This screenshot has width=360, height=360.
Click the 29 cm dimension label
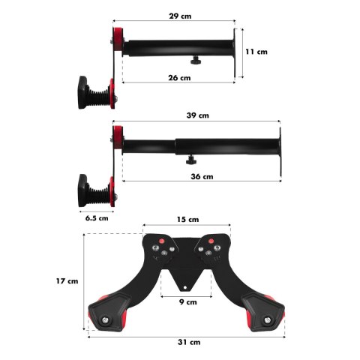tap(180, 16)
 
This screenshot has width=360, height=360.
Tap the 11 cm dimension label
tap(256, 52)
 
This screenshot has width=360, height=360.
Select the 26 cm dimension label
tap(179, 78)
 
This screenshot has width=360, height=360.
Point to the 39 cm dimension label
tap(197, 115)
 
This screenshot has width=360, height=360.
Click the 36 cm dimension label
tap(202, 176)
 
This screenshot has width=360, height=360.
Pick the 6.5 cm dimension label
tap(97, 218)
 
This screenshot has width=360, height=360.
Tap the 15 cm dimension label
tap(188, 220)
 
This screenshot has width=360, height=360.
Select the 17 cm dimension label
tap(67, 281)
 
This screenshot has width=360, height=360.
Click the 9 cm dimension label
tap(188, 302)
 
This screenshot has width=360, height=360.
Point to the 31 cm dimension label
tap(189, 342)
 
